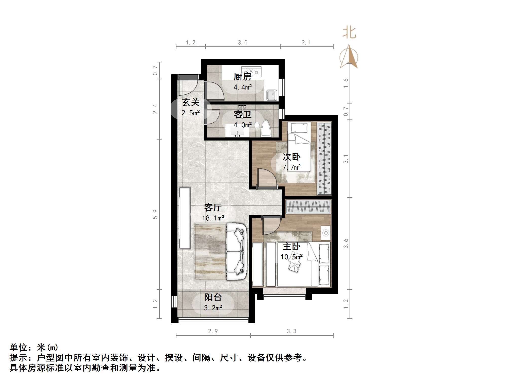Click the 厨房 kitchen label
[242, 77]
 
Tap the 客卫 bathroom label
[242, 115]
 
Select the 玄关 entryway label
[191, 102]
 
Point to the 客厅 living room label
[213, 207]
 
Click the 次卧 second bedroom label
[292, 157]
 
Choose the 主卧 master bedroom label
[292, 246]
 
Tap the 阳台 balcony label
[213, 297]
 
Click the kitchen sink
[272, 95]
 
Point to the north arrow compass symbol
[349, 57]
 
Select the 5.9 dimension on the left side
[155, 214]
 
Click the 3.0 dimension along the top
[243, 43]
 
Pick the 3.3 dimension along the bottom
[292, 331]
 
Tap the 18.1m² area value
[213, 218]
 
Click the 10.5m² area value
[292, 257]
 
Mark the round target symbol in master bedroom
[326, 233]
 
